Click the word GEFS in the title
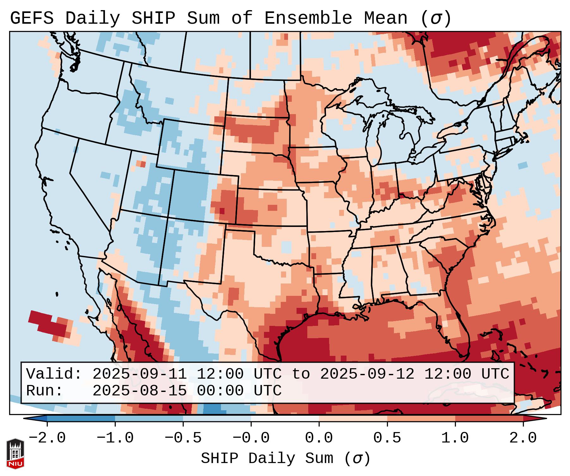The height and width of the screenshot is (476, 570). coord(32,18)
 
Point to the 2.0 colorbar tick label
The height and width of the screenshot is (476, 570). coord(523,438)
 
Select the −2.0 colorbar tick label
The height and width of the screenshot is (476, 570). coord(47,438)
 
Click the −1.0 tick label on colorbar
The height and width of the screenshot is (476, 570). coord(115,438)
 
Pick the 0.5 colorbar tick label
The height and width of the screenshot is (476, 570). coord(387,438)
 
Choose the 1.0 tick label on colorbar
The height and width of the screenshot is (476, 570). coord(455,438)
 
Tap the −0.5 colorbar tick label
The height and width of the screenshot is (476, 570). coord(183,438)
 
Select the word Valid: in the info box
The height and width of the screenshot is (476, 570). coord(54,374)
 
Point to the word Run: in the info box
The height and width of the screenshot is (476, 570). coord(45,391)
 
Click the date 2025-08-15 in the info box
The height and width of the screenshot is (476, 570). coord(139,391)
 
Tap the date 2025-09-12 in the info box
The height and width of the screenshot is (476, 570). coord(367,374)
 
